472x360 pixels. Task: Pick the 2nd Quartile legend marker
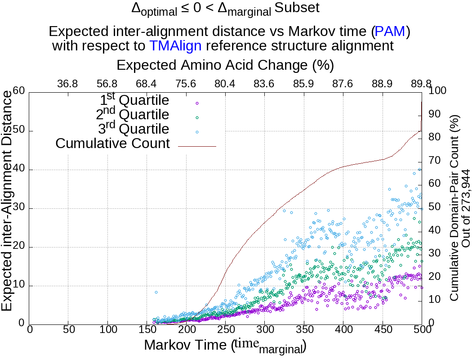pyautogui.click(x=197, y=117)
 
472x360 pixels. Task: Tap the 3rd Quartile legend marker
pyautogui.click(x=197, y=131)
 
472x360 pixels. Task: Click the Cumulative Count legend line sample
pyautogui.click(x=197, y=146)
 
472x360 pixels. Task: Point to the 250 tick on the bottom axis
pyautogui.click(x=225, y=329)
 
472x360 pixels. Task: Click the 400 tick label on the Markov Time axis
pyautogui.click(x=343, y=329)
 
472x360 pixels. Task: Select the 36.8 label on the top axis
pyautogui.click(x=68, y=84)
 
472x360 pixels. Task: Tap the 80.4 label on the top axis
pyautogui.click(x=225, y=84)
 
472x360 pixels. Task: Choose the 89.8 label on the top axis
pyautogui.click(x=421, y=84)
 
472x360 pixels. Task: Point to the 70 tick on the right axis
pyautogui.click(x=434, y=160)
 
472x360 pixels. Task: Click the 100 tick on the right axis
pyautogui.click(x=437, y=90)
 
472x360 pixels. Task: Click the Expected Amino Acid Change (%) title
pyautogui.click(x=225, y=65)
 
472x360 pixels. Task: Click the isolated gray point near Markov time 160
pyautogui.click(x=156, y=292)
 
